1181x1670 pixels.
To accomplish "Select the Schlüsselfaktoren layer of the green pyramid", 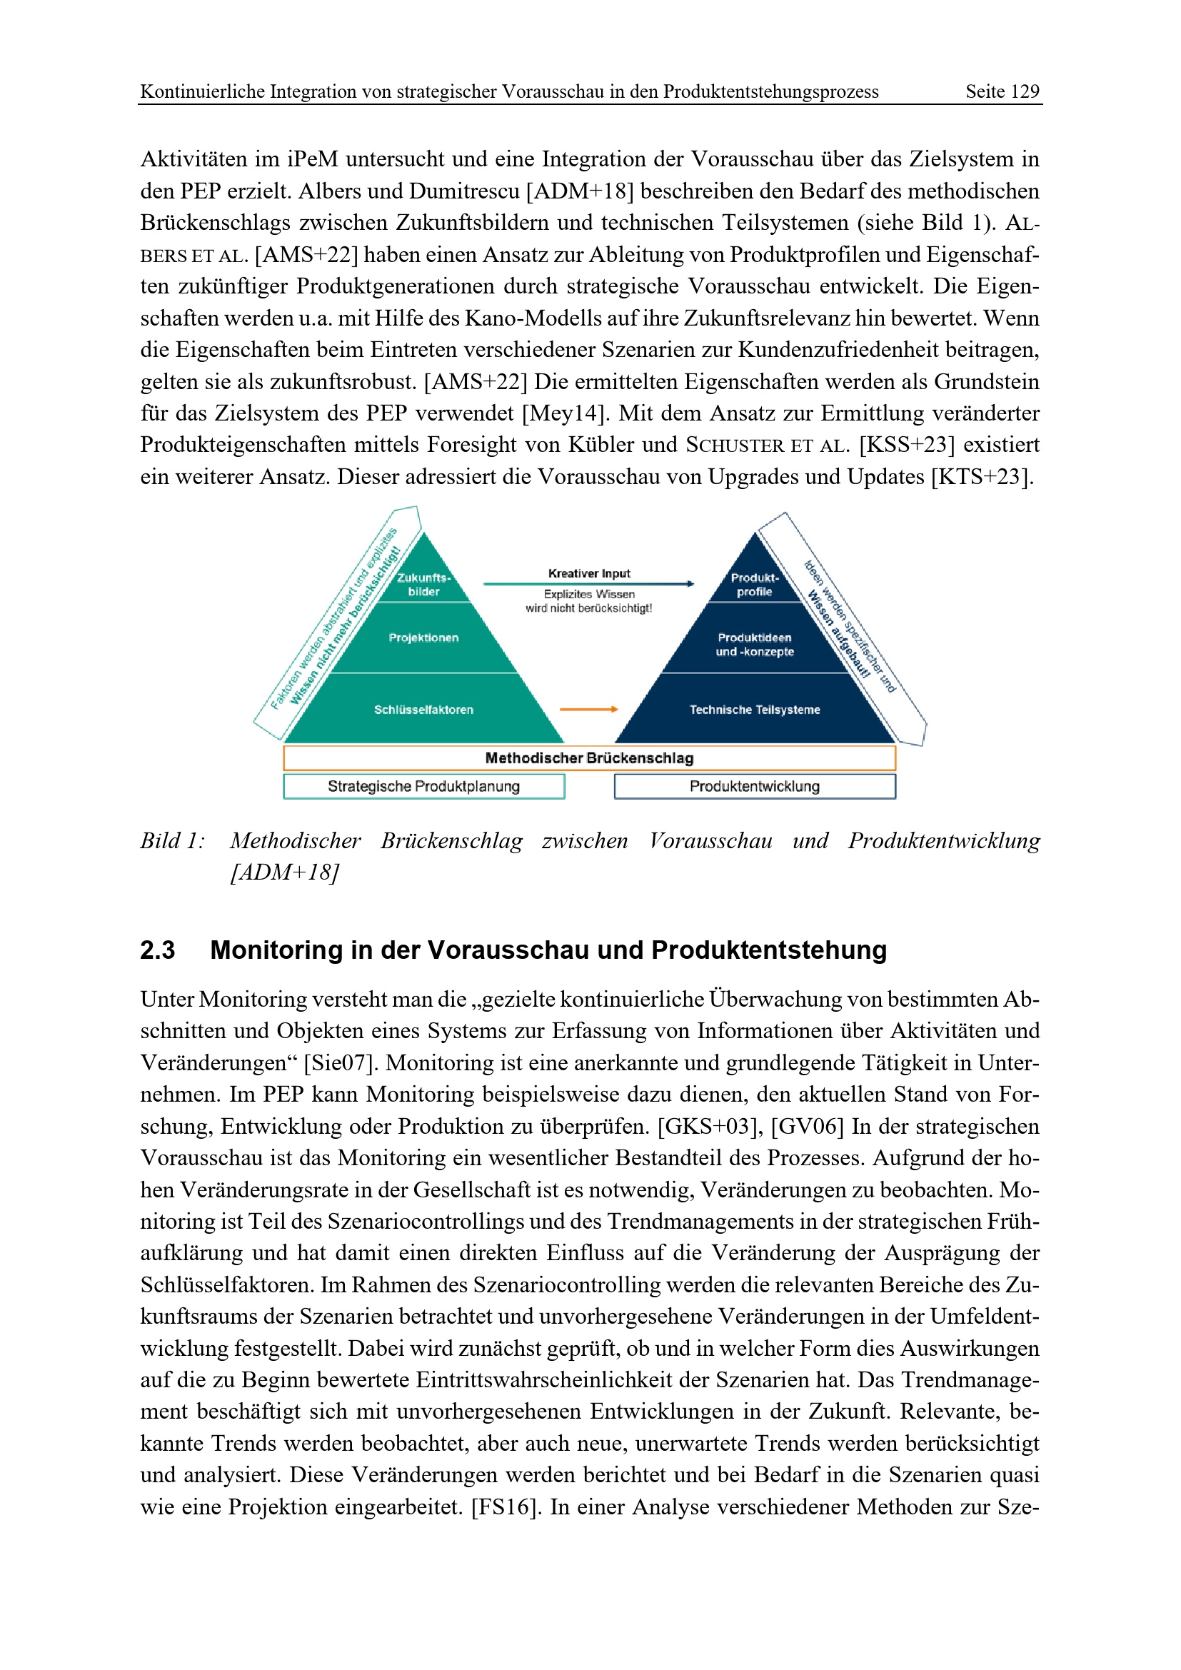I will tap(423, 709).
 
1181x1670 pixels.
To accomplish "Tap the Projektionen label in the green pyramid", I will tap(423, 638).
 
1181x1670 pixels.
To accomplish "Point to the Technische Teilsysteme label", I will tap(754, 709).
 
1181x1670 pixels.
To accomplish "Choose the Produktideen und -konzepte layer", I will tap(754, 645).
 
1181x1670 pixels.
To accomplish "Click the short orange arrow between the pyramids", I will tap(588, 709).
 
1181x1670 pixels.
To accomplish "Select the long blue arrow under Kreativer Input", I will tap(588, 583).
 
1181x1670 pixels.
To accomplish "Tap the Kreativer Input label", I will tap(589, 573).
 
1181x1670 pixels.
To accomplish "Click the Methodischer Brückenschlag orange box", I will tap(589, 758).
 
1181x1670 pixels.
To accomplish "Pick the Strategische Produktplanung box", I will tap(423, 786).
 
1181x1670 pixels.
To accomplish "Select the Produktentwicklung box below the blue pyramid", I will tap(754, 786).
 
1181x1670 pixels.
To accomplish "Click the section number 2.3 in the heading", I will tap(157, 950).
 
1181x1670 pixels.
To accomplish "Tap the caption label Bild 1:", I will tap(172, 841).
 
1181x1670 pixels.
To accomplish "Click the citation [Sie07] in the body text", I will tap(341, 1062).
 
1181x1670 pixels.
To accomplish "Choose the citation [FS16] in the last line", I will tap(505, 1506).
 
